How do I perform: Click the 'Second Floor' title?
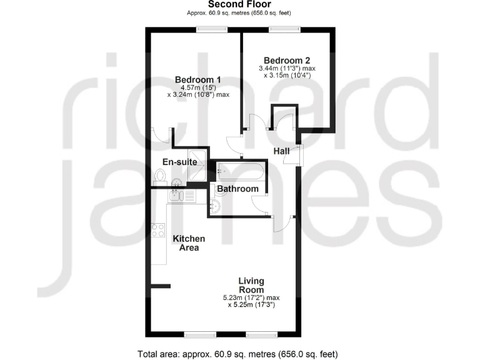(239, 4)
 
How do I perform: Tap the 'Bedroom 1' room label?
(198, 79)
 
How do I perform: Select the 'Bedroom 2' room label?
(287, 60)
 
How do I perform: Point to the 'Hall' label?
(281, 151)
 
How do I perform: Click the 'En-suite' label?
(180, 162)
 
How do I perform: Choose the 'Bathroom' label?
(237, 189)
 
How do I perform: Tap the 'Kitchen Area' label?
(189, 243)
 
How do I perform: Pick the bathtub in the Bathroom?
(241, 169)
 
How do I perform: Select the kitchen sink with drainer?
(181, 196)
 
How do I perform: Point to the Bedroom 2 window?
(284, 27)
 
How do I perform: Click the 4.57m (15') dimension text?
(198, 87)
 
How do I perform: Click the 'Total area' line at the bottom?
(238, 354)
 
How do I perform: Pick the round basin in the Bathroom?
(216, 207)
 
